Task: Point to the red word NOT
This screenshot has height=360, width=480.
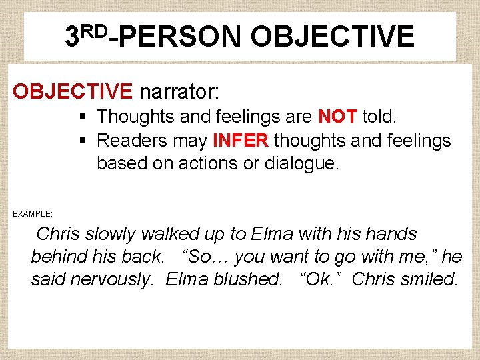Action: (337, 117)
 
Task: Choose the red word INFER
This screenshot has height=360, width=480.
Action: (241, 141)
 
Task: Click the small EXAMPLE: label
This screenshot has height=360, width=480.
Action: (33, 214)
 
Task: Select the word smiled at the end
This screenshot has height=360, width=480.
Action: (430, 279)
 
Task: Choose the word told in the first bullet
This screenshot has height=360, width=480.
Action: (379, 117)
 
